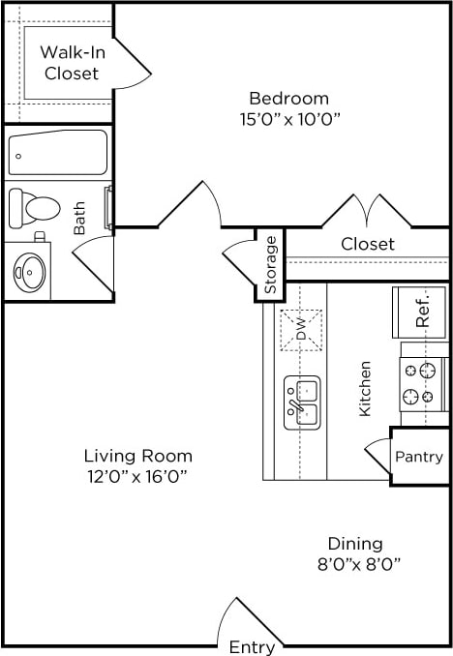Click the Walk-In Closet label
point(71,63)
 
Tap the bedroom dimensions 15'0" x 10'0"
point(288,118)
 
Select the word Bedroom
point(288,98)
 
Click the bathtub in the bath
point(57,153)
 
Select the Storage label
point(271,264)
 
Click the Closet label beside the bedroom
point(368,244)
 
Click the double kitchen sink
point(302,403)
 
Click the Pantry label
point(419,457)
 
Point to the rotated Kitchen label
point(366,389)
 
